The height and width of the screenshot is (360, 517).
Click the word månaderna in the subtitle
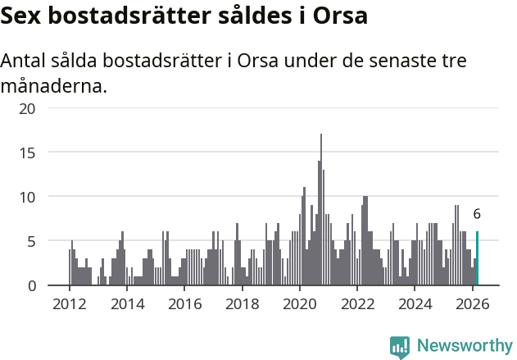click(x=53, y=85)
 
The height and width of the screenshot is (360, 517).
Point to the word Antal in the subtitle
click(x=25, y=62)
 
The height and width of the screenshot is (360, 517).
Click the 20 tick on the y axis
click(x=28, y=108)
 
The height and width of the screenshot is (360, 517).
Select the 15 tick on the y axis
click(x=28, y=153)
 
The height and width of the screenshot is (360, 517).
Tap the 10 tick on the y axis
click(x=28, y=197)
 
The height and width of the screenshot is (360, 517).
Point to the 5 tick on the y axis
click(x=31, y=241)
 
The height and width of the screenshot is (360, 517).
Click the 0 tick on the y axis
click(x=31, y=285)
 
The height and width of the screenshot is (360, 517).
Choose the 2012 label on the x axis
click(x=69, y=303)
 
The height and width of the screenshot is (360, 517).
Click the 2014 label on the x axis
click(x=126, y=303)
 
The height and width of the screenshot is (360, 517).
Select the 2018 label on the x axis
click(x=242, y=303)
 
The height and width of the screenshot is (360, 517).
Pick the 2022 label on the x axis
click(x=357, y=303)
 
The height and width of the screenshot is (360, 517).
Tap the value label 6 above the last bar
click(x=477, y=214)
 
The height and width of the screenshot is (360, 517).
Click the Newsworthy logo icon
click(x=400, y=347)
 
